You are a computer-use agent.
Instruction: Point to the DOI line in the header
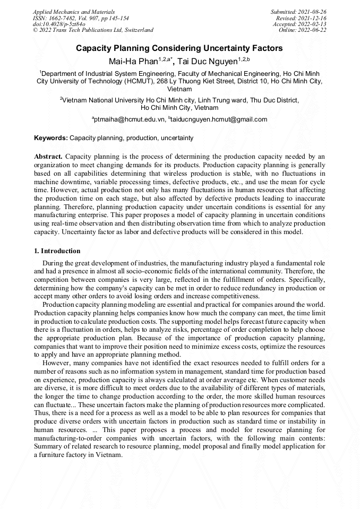pyautogui.click(x=59, y=24)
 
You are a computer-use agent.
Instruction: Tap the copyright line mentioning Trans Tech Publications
pyautogui.click(x=93, y=30)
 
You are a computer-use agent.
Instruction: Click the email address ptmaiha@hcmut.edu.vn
pyautogui.click(x=129, y=119)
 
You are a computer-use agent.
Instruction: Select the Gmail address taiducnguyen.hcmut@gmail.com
pyautogui.click(x=219, y=119)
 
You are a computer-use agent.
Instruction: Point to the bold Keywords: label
pyautogui.click(x=51, y=138)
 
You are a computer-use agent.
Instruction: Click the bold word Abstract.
pyautogui.click(x=48, y=157)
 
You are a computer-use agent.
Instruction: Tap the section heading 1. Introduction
pyautogui.click(x=57, y=251)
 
